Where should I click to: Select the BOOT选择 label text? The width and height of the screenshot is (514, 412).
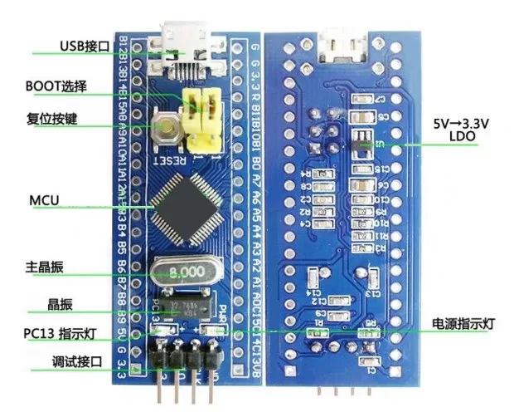coord(56,86)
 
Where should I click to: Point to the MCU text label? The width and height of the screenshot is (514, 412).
coord(44,201)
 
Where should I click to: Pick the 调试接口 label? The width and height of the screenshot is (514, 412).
coord(55,363)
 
